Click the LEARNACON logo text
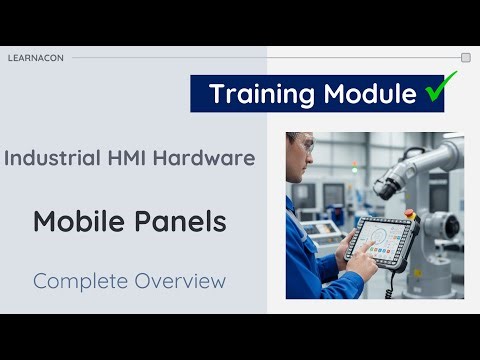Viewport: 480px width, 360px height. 35,58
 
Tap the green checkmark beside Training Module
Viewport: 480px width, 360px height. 434,93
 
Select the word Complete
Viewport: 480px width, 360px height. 76,281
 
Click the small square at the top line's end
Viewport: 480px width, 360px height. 466,58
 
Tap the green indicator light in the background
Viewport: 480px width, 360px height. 353,170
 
